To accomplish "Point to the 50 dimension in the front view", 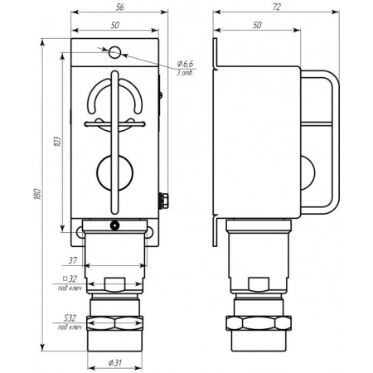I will click(114, 27).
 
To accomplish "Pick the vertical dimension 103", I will click(56, 142).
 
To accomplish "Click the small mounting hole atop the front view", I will click(114, 51).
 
